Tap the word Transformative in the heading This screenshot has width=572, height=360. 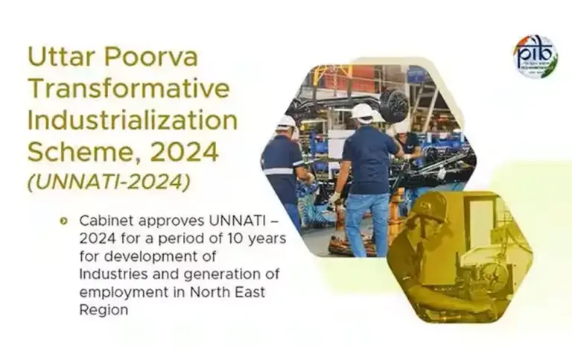[x=128, y=88]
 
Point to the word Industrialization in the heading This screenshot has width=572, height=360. [x=133, y=119]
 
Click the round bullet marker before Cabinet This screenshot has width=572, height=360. [x=64, y=221]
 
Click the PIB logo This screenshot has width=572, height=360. [x=535, y=57]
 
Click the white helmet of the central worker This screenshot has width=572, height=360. [x=363, y=111]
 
